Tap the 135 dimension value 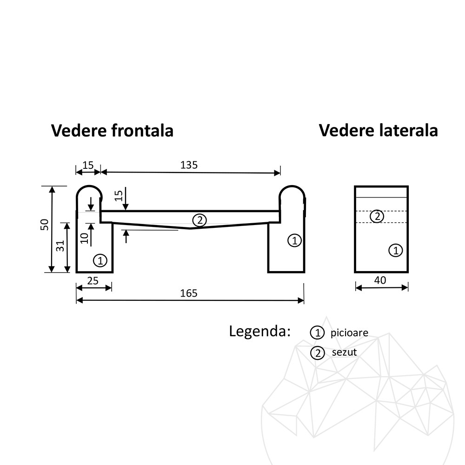click(189, 165)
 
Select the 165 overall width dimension click(189, 293)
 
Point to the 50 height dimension click(45, 225)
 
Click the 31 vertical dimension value click(60, 246)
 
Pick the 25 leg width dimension click(93, 280)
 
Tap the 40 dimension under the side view click(380, 280)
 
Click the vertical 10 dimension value click(85, 238)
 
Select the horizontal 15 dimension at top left click(88, 165)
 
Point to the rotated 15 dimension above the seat click(119, 196)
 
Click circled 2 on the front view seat click(199, 220)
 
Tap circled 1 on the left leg click(100, 261)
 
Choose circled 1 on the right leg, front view click(294, 240)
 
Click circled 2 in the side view click(377, 216)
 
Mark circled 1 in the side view click(396, 251)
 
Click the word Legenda click(260, 331)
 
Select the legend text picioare click(349, 333)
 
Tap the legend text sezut click(344, 352)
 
